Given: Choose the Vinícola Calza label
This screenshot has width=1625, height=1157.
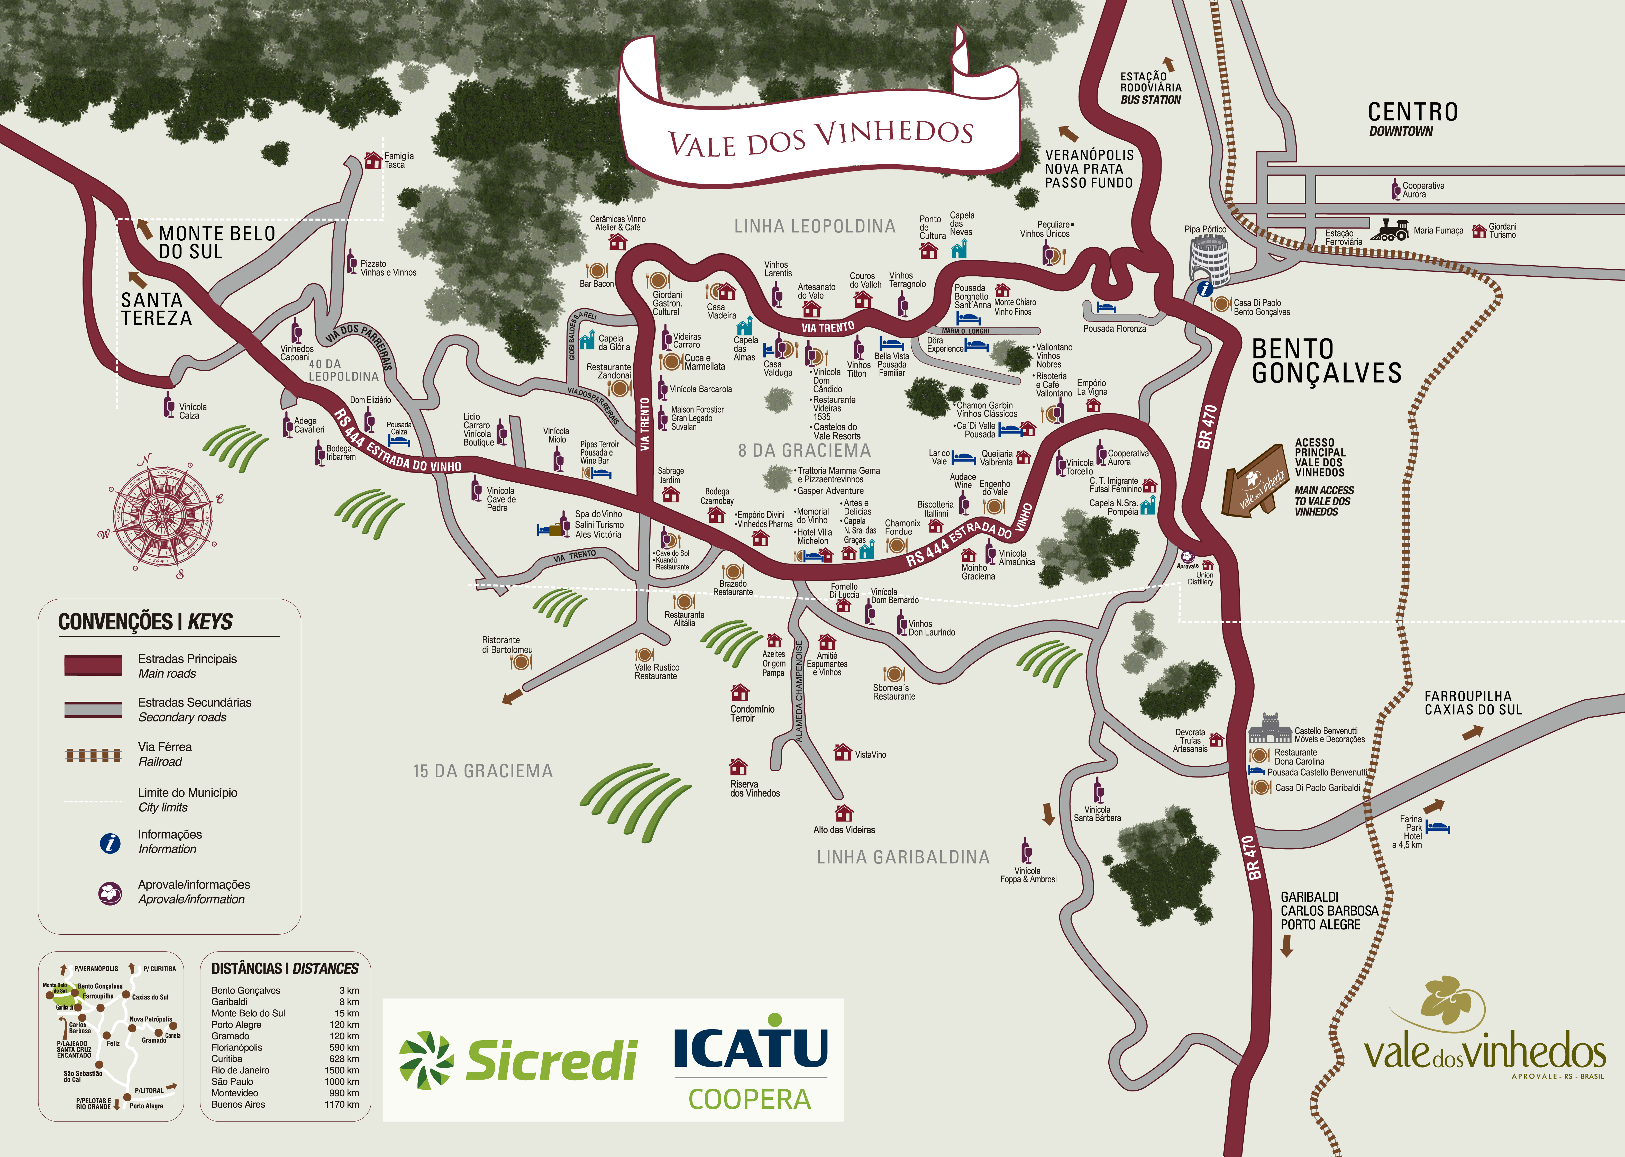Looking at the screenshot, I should click(x=192, y=411).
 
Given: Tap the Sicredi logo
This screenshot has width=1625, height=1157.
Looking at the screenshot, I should click(x=518, y=1059).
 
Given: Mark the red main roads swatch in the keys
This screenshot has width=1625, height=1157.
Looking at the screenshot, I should click(x=93, y=665).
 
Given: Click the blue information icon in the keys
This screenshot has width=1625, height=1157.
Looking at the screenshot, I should click(x=110, y=843).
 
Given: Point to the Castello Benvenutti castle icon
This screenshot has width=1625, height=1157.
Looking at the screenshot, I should click(x=1270, y=729).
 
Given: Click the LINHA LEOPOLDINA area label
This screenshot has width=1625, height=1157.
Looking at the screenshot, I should click(x=815, y=227).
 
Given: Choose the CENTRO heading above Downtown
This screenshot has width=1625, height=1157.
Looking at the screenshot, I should click(x=1413, y=112).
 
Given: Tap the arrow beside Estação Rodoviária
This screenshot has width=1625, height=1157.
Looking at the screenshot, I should click(x=1168, y=64).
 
